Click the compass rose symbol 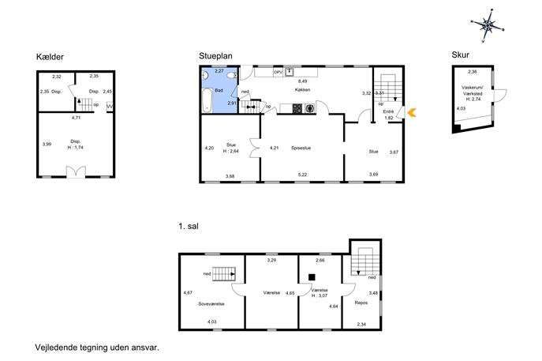tap(488, 25)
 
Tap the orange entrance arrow tap(412, 112)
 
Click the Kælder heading tap(50, 57)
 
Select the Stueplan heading tap(215, 56)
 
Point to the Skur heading tap(461, 55)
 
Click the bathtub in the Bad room tap(207, 100)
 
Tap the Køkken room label tap(302, 89)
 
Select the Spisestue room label tap(301, 148)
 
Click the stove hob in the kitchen tap(297, 109)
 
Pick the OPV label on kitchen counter tap(278, 73)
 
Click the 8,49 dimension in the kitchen tap(302, 81)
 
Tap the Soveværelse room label tap(211, 304)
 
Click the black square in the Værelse tap(312, 277)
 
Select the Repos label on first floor tap(361, 303)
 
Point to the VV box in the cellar tap(110, 107)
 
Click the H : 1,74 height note tap(76, 147)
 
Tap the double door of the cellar tap(76, 172)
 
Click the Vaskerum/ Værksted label tap(472, 90)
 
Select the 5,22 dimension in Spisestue tap(302, 175)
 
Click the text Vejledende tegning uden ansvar tap(97, 348)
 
